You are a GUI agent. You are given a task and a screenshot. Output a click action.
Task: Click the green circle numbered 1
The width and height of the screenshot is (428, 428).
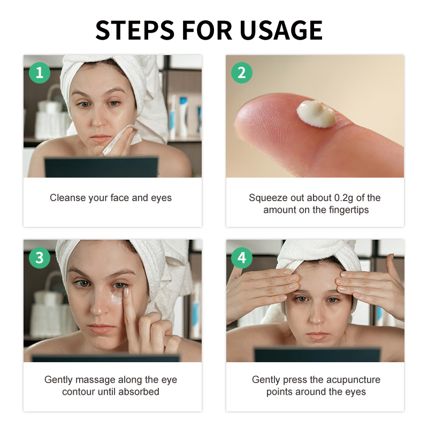point(39,72)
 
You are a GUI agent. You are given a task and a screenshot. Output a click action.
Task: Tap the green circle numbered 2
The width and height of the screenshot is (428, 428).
point(241,72)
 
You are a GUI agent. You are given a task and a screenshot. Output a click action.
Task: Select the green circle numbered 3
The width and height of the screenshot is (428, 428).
point(39,258)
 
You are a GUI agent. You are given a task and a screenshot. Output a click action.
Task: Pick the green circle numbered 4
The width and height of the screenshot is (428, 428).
point(241,258)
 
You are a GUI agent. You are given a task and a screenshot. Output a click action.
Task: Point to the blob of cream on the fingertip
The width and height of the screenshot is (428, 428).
point(317,113)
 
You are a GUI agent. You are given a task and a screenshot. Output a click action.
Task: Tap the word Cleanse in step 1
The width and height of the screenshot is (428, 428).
point(67,198)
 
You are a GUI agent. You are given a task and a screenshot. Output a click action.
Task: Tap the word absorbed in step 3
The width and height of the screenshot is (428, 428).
point(142,392)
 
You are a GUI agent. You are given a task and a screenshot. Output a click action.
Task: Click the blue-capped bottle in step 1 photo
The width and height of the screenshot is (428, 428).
point(183,115)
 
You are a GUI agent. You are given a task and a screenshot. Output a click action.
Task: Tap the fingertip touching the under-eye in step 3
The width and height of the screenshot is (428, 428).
point(127,292)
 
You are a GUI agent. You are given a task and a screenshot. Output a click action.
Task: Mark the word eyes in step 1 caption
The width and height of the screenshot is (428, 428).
point(161,198)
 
